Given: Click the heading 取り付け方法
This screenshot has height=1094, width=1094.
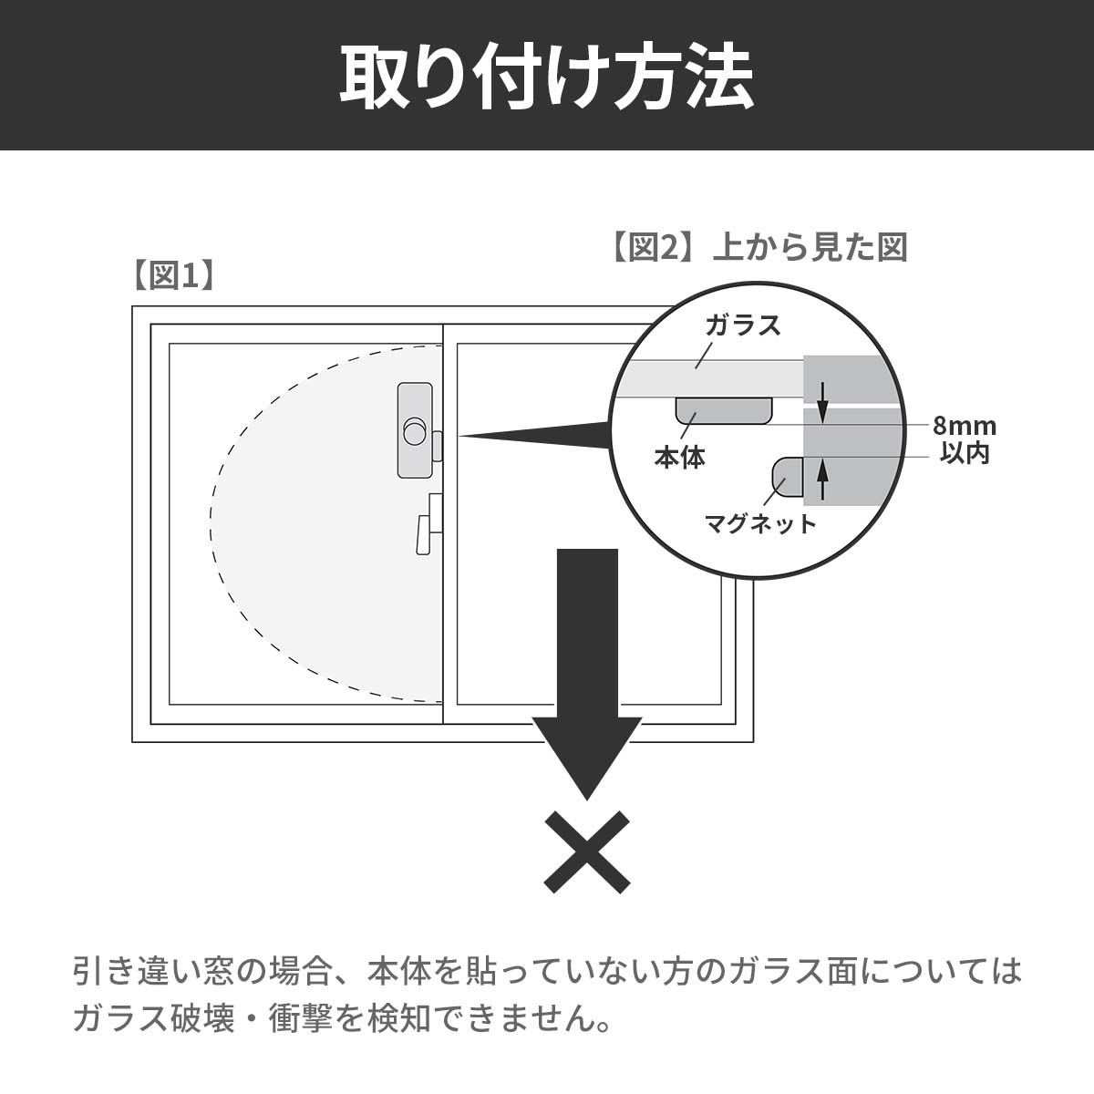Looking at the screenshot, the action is click(x=547, y=77).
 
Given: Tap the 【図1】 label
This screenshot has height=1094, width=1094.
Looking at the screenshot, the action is click(x=173, y=276).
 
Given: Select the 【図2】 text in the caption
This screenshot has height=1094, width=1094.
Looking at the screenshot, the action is click(x=652, y=248).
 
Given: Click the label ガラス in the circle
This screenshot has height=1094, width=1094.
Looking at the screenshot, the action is click(x=743, y=325).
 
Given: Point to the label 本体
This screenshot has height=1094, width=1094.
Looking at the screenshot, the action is click(x=679, y=457).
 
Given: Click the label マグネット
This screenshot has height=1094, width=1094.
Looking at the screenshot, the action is click(x=760, y=523).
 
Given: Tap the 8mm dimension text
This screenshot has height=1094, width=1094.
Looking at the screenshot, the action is click(x=964, y=426).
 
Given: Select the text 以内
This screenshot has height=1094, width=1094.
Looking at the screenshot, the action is click(x=965, y=454).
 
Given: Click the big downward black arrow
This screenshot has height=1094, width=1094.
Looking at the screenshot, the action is click(x=587, y=674).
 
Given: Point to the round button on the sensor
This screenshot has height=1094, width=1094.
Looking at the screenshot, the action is click(x=415, y=432).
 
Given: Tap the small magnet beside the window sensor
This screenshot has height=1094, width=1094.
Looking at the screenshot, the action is click(x=438, y=446).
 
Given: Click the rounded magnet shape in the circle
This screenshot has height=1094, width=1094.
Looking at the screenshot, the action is click(x=788, y=477).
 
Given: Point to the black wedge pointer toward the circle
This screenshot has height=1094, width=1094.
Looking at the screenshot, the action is click(x=535, y=436).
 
